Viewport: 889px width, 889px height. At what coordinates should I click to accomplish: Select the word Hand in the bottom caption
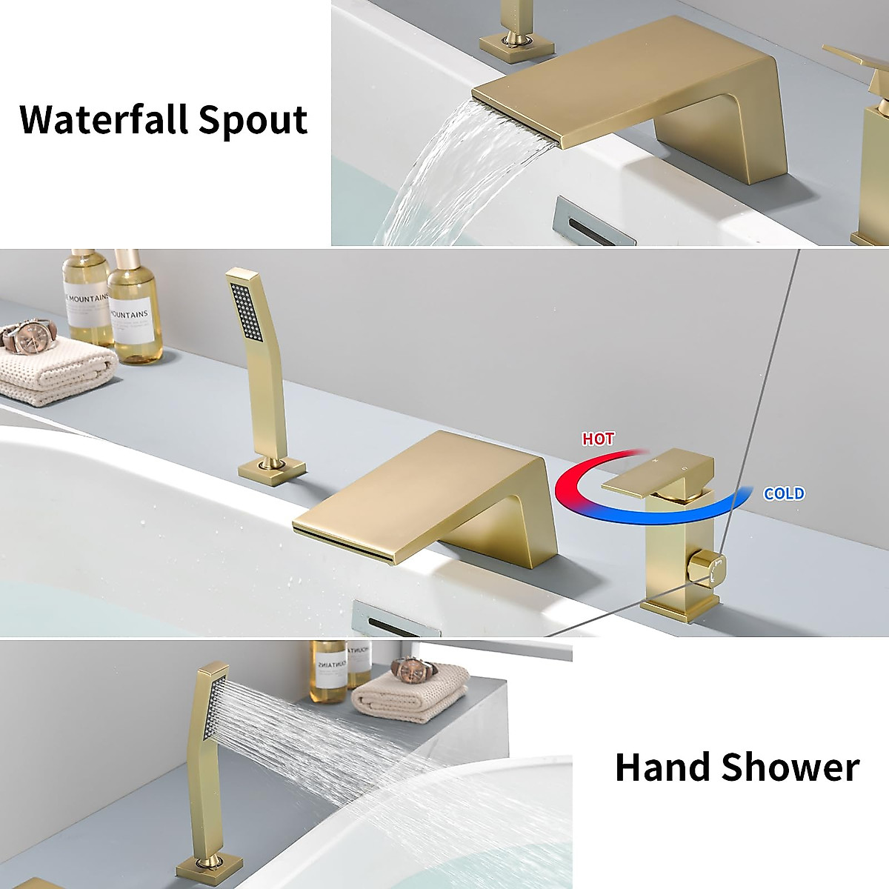tap(661, 767)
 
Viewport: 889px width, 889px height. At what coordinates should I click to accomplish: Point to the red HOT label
tap(598, 439)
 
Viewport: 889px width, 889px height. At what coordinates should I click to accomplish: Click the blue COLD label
tap(784, 493)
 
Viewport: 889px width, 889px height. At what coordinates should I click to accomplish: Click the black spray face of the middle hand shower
tap(247, 313)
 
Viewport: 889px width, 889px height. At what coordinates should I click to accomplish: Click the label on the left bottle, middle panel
tap(87, 308)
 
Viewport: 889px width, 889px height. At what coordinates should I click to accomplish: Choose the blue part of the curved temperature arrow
tap(689, 511)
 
